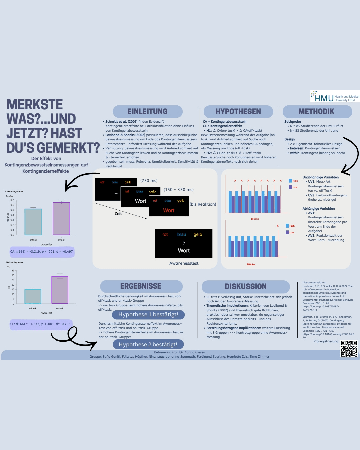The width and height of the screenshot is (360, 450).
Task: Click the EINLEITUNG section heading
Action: tap(148, 112)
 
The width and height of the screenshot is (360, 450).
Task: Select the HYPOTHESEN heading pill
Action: tap(238, 112)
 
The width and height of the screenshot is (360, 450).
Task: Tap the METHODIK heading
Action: tap(317, 112)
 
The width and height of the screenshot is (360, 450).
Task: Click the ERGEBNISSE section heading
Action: tap(141, 286)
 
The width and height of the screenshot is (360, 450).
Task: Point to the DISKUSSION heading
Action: tap(246, 287)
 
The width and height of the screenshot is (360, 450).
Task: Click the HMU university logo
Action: tap(335, 96)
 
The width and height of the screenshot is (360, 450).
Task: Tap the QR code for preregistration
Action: tap(349, 349)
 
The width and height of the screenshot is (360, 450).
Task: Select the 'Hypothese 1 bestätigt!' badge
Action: tap(148, 315)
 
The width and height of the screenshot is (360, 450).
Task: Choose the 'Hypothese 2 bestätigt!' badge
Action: tap(148, 345)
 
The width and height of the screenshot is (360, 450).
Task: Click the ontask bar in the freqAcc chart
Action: tap(61, 219)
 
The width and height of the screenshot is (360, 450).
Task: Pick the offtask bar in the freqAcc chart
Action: tap(33, 222)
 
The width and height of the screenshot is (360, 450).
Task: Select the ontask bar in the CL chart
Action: tap(60, 290)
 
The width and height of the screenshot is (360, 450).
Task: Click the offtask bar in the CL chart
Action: tap(33, 297)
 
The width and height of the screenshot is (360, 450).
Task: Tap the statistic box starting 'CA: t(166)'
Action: tap(42, 252)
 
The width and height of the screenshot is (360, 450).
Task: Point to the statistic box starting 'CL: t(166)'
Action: tap(41, 324)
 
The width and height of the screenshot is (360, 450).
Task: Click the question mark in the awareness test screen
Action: tap(184, 243)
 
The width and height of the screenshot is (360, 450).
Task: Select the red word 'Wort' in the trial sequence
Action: tap(169, 211)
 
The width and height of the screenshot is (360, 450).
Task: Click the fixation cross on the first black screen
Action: tap(116, 194)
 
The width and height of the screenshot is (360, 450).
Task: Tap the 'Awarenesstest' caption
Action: tap(184, 263)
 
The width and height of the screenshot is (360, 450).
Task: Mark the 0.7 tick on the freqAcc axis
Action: tap(12, 200)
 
